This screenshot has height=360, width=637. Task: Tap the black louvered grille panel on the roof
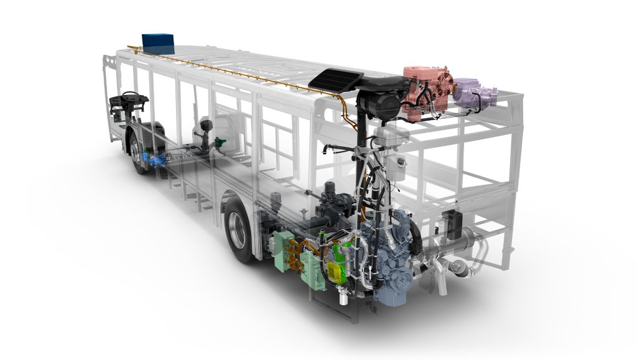[x=337, y=80]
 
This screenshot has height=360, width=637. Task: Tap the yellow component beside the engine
[x=337, y=269]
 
